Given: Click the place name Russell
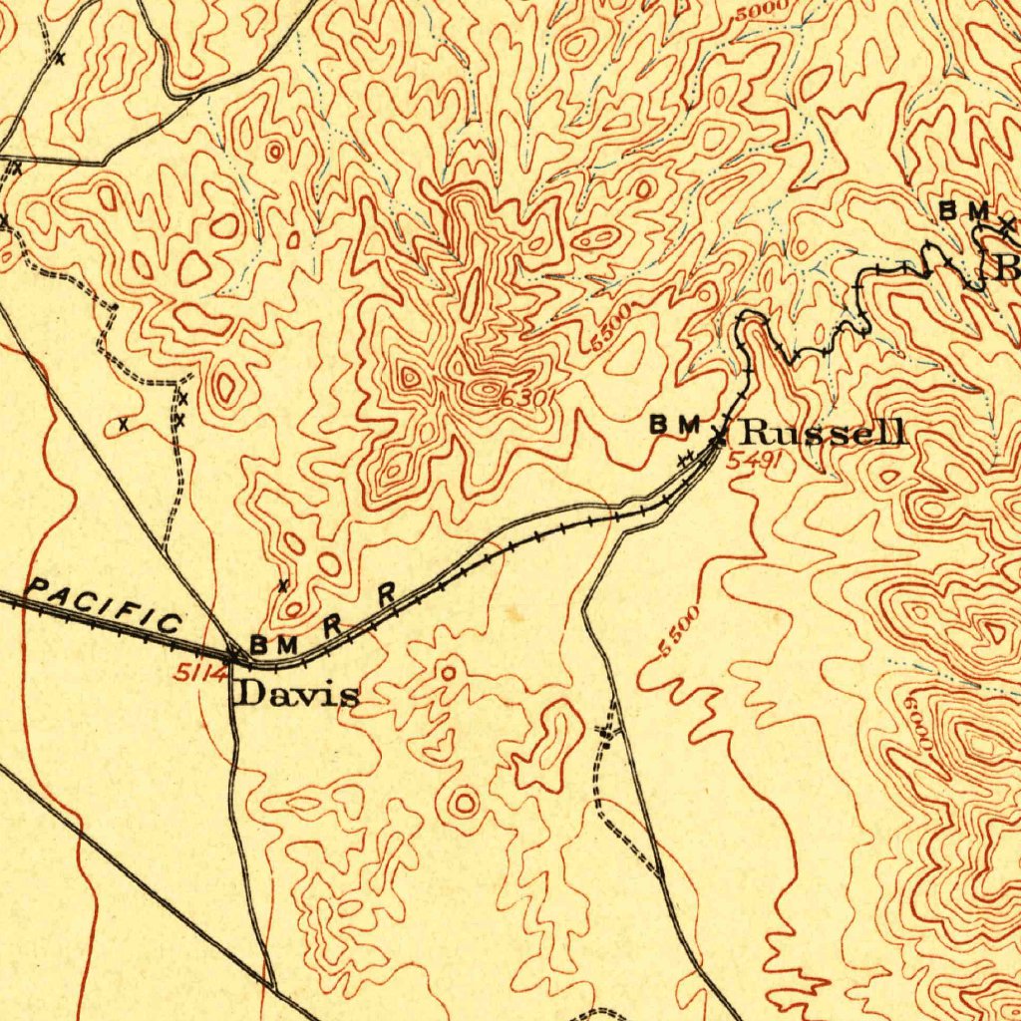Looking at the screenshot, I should click(x=825, y=433).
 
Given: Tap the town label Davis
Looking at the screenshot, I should click(x=296, y=694).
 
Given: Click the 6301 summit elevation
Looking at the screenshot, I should click(x=525, y=398).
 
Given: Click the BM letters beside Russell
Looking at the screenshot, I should click(x=676, y=425).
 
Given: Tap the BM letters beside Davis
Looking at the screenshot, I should click(x=273, y=645).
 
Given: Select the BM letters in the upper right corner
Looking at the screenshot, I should click(x=964, y=211).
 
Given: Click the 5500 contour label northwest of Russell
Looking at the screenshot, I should click(x=610, y=330).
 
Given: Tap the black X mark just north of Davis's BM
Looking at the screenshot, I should click(x=283, y=584).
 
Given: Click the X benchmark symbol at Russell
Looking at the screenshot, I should click(x=719, y=434).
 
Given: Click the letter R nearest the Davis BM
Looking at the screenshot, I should click(x=333, y=626).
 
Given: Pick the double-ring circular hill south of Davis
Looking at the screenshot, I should click(x=465, y=801).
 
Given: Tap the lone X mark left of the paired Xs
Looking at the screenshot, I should click(x=123, y=425).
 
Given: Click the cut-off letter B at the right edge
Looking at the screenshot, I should click(x=1008, y=267).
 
